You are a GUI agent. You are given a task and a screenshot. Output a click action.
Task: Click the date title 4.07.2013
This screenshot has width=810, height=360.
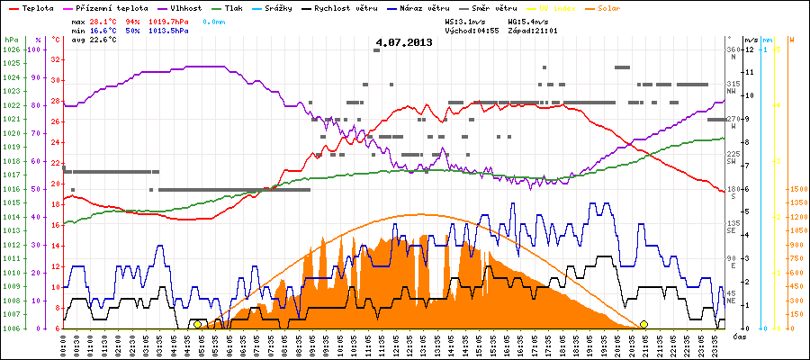404,42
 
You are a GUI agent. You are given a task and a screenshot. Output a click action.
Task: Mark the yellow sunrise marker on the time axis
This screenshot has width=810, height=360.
198,324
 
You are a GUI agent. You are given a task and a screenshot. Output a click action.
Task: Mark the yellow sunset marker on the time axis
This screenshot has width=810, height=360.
643,324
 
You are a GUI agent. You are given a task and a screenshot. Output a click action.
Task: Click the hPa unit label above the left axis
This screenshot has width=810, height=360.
11,40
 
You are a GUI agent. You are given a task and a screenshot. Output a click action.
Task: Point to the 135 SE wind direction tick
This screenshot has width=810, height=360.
733,227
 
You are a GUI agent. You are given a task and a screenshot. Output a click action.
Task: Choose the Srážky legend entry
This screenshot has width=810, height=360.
283,7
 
